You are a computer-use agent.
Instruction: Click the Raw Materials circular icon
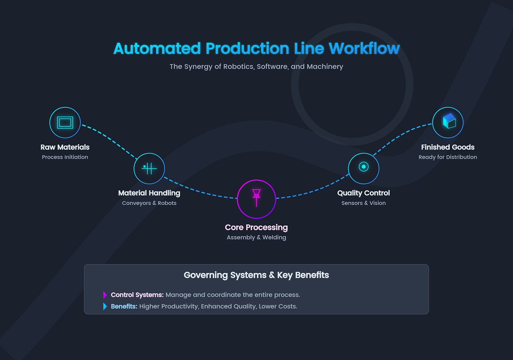tap(65, 123)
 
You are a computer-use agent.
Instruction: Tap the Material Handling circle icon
tap(149, 168)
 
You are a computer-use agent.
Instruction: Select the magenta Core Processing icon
tap(256, 199)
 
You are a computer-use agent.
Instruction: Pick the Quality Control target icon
tap(363, 167)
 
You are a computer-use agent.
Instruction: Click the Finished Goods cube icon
tap(448, 123)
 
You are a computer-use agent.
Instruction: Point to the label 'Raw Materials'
tap(65, 147)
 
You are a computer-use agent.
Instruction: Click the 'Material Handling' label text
tap(149, 193)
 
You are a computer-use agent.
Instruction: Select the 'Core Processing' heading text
tap(256, 227)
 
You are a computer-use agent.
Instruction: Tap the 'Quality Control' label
tap(363, 193)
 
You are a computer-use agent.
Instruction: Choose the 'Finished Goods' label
tap(448, 147)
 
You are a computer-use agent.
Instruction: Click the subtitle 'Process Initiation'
tap(65, 157)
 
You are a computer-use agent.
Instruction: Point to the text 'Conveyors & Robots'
tap(149, 203)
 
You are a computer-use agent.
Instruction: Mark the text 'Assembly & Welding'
tap(256, 237)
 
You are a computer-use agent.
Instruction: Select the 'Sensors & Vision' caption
tap(363, 203)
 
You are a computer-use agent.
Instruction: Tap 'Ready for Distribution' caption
tap(448, 157)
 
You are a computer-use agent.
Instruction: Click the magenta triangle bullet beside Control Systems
tap(105, 295)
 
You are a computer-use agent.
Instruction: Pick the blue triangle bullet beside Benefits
tap(105, 306)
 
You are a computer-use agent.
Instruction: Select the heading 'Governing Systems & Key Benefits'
tap(256, 275)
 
